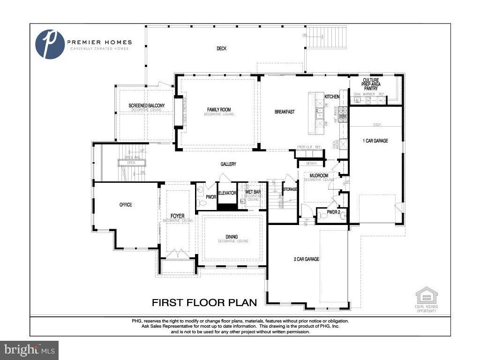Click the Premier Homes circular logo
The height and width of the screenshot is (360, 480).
pos(50,44)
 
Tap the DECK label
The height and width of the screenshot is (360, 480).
pos(222,48)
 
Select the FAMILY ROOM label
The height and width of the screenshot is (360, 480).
pos(219,110)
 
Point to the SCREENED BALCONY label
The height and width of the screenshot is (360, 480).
pos(146,105)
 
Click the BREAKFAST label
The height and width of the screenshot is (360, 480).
pos(285,112)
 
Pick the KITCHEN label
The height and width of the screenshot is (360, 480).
pos(332,97)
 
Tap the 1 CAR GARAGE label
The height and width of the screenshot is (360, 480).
pos(375,141)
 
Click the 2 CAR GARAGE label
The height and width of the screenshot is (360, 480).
pos(307,259)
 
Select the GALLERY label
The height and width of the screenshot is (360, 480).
pos(228,164)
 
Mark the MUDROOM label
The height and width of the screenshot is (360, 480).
pos(318,175)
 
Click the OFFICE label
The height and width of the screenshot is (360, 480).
pos(126,205)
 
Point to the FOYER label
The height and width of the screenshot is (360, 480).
pos(177,216)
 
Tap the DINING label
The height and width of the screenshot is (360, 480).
pos(232,237)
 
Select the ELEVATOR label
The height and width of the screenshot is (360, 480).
pos(227,193)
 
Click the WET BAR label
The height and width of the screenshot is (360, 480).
pos(253,192)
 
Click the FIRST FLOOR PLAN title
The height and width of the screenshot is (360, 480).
pos(204,302)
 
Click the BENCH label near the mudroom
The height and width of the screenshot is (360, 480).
pos(311,163)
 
